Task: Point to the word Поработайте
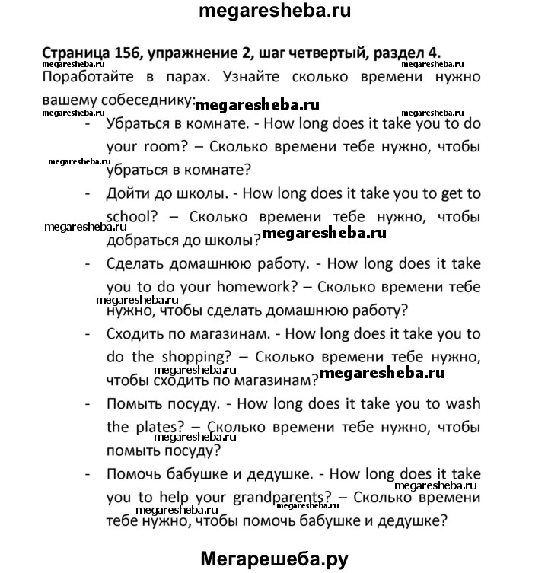click(89, 78)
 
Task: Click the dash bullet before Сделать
click(89, 265)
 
